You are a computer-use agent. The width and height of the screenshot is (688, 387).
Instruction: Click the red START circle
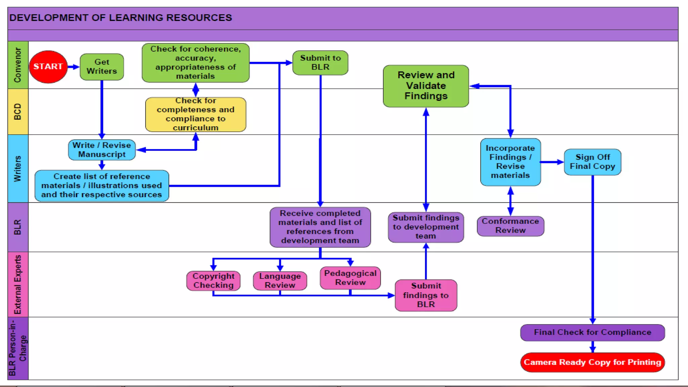(48, 67)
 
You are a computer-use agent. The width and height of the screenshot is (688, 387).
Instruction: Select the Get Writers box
(102, 67)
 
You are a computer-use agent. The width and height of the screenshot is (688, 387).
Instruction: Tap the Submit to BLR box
(320, 62)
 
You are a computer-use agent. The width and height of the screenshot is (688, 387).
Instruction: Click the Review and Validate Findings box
(426, 86)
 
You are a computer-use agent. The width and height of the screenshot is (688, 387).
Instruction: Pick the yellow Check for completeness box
(196, 114)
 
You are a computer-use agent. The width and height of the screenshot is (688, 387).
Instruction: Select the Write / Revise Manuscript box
(102, 150)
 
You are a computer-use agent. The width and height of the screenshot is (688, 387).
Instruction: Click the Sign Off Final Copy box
(592, 162)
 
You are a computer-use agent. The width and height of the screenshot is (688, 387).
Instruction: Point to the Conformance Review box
(510, 226)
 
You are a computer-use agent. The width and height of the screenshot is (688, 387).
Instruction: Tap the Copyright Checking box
(213, 281)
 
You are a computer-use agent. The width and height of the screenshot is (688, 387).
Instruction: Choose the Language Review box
(280, 281)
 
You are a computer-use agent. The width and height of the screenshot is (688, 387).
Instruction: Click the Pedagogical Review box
(350, 278)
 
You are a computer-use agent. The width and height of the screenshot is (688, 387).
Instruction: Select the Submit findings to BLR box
(426, 295)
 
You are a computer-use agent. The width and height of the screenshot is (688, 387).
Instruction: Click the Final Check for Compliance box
(592, 332)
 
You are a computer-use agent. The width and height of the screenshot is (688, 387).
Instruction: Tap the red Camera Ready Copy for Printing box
(592, 362)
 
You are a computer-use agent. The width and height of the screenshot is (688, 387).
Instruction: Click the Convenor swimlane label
(17, 65)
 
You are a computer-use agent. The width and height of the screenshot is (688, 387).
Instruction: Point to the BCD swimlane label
(17, 112)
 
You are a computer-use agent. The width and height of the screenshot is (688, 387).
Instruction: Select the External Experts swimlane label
(17, 284)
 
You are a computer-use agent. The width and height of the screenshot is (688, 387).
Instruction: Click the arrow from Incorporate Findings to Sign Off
(552, 162)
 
